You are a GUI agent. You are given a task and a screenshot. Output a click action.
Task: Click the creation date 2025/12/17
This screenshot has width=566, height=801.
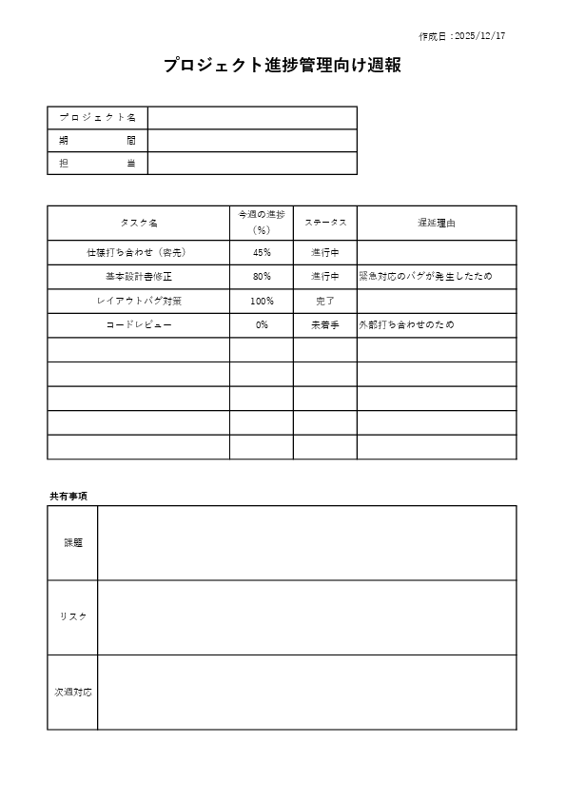pyautogui.click(x=462, y=36)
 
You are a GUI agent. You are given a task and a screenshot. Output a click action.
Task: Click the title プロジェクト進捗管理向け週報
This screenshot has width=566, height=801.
pyautogui.click(x=282, y=66)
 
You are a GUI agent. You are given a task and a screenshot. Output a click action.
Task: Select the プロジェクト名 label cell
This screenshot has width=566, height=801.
pyautogui.click(x=98, y=117)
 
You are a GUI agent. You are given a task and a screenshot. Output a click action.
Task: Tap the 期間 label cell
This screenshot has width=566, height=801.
pyautogui.click(x=98, y=140)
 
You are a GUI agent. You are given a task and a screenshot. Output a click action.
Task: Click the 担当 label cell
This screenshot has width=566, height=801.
pyautogui.click(x=98, y=164)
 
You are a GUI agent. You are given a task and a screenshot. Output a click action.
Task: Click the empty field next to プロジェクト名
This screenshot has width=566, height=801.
pyautogui.click(x=252, y=117)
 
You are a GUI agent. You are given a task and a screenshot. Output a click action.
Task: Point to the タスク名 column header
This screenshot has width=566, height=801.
pyautogui.click(x=139, y=223)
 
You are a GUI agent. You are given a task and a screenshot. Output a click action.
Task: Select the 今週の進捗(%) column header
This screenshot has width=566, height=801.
pyautogui.click(x=262, y=223)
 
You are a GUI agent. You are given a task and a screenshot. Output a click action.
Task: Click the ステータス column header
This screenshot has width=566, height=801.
pyautogui.click(x=325, y=223)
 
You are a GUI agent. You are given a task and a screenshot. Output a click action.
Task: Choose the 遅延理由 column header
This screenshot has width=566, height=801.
pyautogui.click(x=437, y=223)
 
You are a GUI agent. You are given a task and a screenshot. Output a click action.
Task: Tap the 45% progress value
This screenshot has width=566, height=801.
pyautogui.click(x=262, y=253)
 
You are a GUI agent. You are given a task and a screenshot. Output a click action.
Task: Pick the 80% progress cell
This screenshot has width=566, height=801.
pyautogui.click(x=262, y=277)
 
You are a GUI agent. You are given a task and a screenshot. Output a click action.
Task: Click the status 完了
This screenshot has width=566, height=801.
pyautogui.click(x=325, y=301)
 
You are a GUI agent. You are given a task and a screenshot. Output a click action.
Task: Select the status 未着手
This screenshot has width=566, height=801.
pyautogui.click(x=325, y=324)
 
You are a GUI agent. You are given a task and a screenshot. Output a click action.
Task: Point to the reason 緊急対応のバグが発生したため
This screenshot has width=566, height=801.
pyautogui.click(x=425, y=277)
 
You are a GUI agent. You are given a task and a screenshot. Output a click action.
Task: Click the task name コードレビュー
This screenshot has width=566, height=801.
pyautogui.click(x=139, y=324)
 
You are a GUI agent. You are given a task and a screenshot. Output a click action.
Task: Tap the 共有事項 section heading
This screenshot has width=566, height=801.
pyautogui.click(x=69, y=497)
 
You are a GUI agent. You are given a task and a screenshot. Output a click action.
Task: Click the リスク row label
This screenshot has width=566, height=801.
pyautogui.click(x=73, y=616)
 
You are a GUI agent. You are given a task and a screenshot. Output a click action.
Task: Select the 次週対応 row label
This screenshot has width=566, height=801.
pyautogui.click(x=73, y=692)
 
